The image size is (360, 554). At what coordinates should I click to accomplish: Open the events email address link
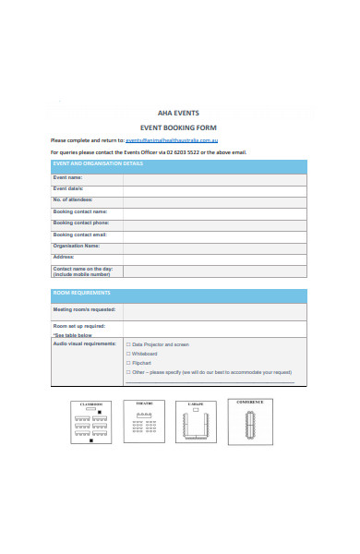171,139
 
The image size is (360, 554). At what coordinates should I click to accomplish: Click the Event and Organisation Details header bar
178,164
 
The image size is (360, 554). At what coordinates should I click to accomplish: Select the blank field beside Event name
214,177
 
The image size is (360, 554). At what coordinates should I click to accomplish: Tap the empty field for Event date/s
214,189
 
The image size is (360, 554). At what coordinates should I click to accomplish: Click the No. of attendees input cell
214,200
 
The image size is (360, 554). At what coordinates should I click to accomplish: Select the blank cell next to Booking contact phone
214,223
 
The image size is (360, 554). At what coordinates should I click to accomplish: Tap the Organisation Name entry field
214,247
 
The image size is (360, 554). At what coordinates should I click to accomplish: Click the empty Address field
214,259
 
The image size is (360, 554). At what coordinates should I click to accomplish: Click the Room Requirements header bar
178,294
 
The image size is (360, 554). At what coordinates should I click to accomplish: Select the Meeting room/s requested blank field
214,310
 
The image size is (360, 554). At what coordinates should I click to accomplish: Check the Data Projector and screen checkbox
127,344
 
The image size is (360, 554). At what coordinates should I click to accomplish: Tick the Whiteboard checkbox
127,354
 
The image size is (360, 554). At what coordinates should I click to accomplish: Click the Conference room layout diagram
250,421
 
